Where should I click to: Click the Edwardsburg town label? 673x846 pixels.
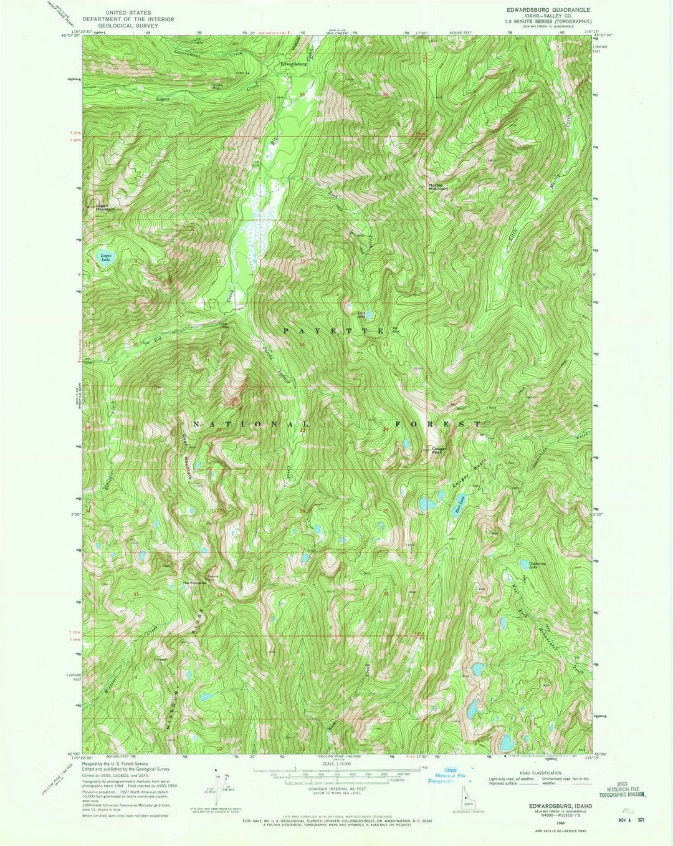coord(294,64)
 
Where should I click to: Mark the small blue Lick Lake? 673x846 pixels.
coord(369,315)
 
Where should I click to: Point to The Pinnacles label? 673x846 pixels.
coord(193,583)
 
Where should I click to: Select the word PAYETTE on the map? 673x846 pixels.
coord(334,330)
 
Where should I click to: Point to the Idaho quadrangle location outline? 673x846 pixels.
coord(465,797)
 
